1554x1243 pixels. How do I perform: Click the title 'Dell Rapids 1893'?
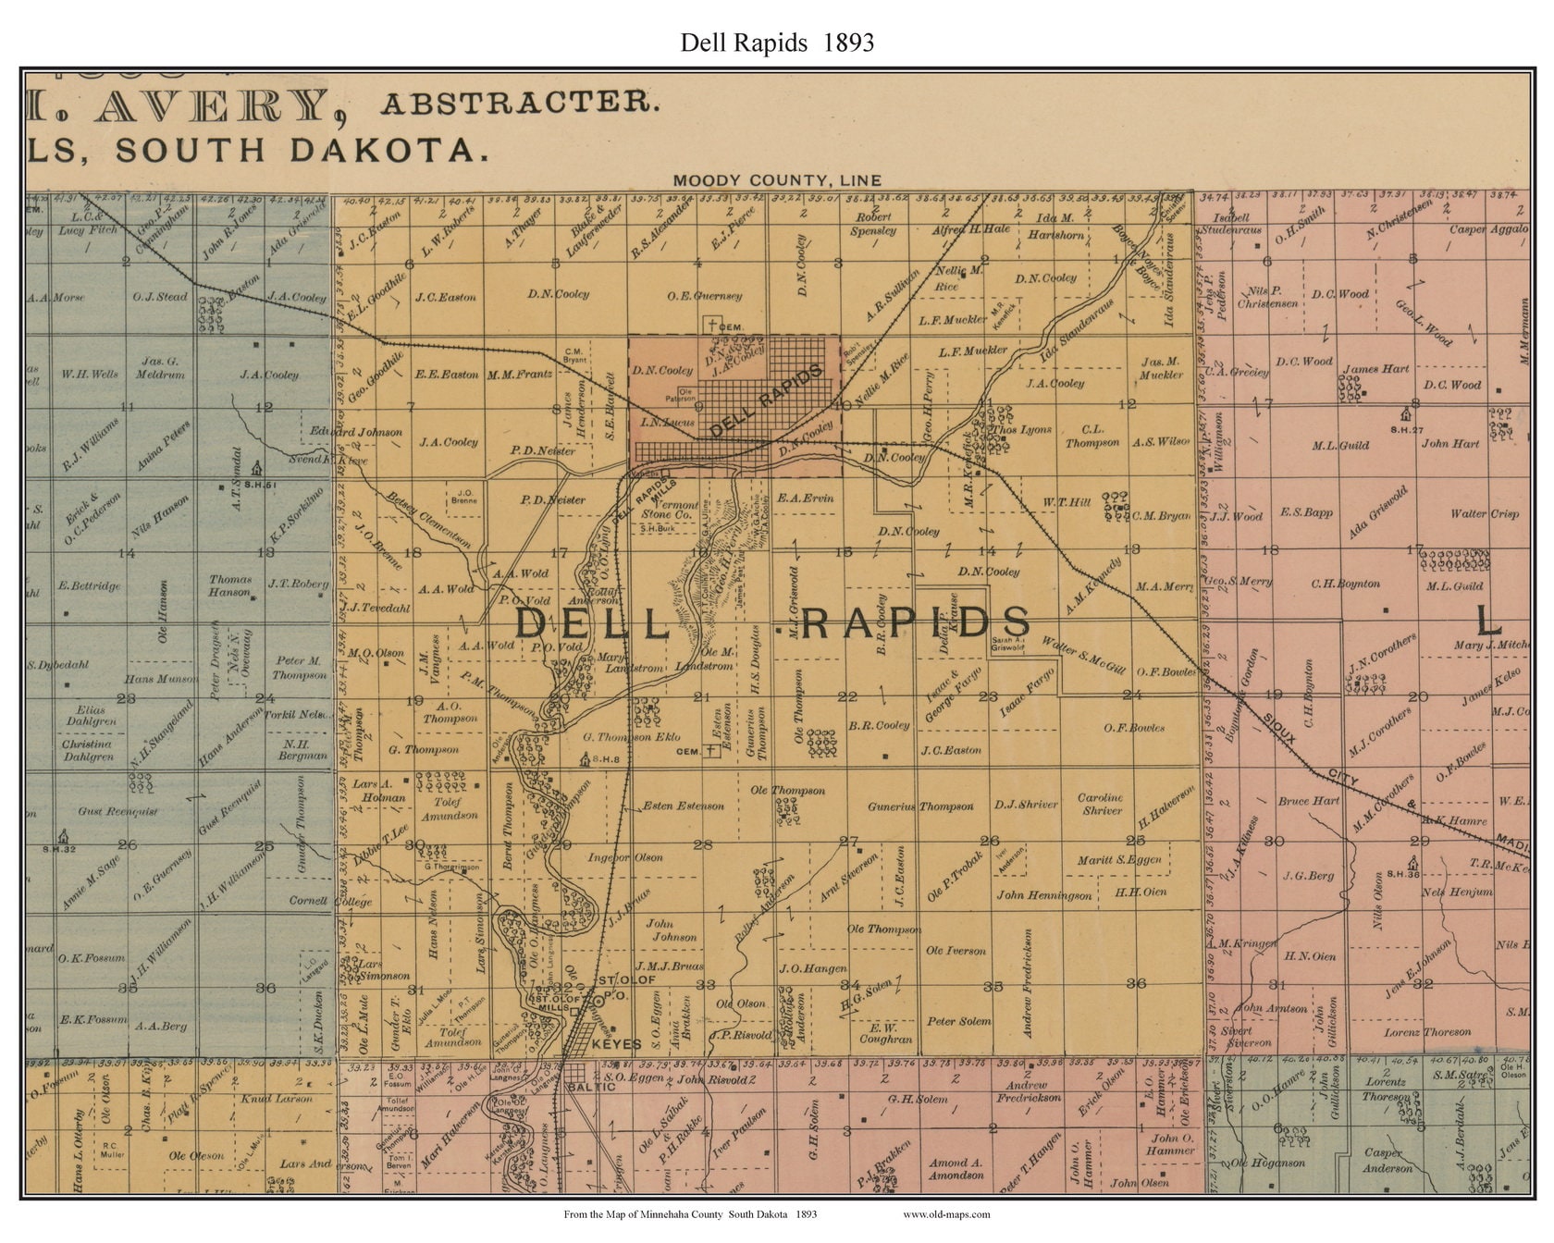point(777,43)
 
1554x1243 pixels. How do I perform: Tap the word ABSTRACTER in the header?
point(521,102)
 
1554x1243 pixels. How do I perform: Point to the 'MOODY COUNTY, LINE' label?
point(777,180)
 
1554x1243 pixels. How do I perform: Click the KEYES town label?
point(616,1044)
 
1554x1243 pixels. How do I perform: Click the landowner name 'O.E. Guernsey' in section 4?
point(705,296)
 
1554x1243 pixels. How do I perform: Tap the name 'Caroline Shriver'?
point(1101,804)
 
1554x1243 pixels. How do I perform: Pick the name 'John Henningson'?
point(1044,894)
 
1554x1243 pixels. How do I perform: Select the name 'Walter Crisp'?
point(1485,513)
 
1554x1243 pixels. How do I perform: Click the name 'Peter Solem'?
point(958,1021)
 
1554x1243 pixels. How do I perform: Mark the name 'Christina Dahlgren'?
point(88,750)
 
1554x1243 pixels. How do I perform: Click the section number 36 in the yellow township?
point(1136,984)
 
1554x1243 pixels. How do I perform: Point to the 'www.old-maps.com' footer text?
point(945,1214)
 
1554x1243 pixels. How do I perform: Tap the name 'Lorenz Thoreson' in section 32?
point(1427,1032)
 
